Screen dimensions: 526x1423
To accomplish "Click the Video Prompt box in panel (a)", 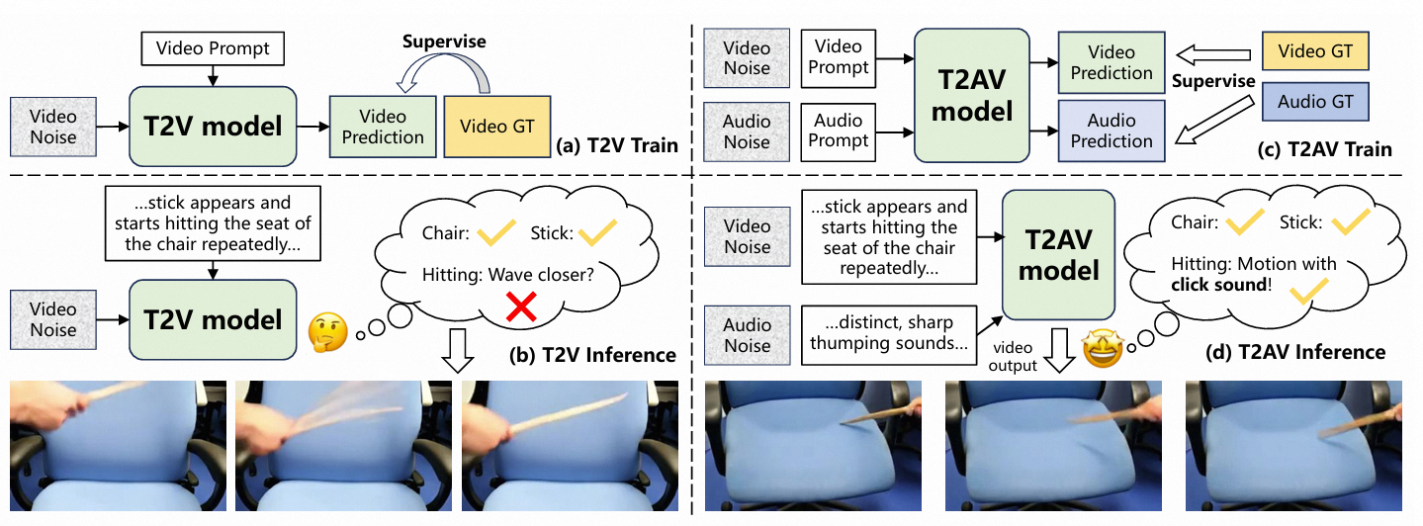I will click(212, 46).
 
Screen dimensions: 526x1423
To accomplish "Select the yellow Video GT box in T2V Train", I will click(497, 127).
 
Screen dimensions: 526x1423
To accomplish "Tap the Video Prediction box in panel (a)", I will click(383, 127).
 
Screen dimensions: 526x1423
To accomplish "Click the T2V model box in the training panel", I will click(213, 126).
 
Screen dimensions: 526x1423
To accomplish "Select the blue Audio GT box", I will click(1315, 102).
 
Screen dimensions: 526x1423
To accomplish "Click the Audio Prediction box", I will click(1112, 131).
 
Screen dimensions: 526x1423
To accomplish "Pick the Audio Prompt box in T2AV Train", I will click(839, 131).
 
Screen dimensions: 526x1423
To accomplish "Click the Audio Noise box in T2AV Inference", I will click(746, 334).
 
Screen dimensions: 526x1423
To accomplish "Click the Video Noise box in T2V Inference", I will click(53, 318).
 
